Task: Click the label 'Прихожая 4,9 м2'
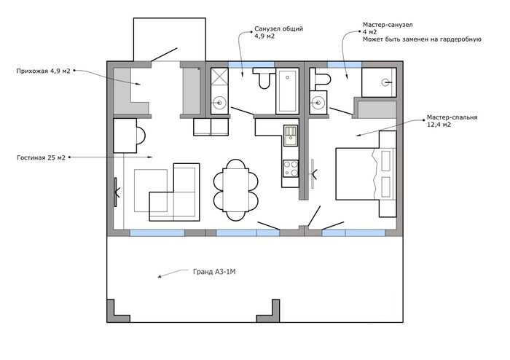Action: click(x=43, y=71)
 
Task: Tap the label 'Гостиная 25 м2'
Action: click(x=41, y=157)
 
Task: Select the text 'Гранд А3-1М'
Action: click(x=214, y=272)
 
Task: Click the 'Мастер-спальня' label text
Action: click(x=452, y=117)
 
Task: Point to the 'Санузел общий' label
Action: click(x=279, y=28)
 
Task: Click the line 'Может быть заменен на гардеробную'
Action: click(x=422, y=39)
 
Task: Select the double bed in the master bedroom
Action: click(x=366, y=173)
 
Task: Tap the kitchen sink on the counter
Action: click(x=291, y=136)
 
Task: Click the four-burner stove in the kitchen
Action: click(x=291, y=168)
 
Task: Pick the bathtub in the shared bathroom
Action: click(x=287, y=91)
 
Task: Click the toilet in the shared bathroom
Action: click(x=263, y=78)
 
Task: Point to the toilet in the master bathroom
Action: click(x=320, y=79)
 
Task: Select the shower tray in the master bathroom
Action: click(x=379, y=82)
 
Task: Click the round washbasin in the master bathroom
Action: click(x=318, y=103)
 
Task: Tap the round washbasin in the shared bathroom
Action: click(x=219, y=103)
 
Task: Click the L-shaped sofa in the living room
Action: click(x=174, y=192)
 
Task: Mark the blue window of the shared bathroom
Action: click(x=251, y=64)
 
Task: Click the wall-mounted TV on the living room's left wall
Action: click(x=116, y=192)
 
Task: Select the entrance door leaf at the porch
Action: click(x=164, y=55)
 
